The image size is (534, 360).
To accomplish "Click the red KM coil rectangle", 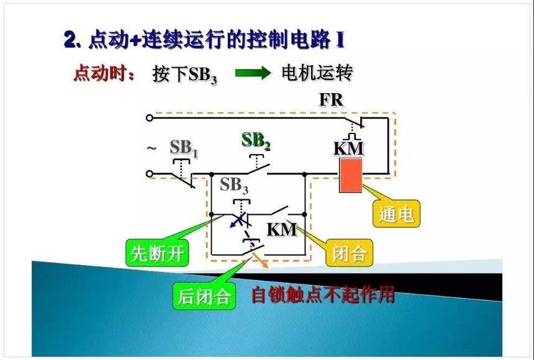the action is coord(350,176).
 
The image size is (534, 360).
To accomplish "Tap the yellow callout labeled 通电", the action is coord(396,214).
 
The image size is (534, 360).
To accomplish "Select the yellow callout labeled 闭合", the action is coord(350,253).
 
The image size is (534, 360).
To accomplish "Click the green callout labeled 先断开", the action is coord(157,253).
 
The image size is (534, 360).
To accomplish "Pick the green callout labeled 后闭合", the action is coord(204,296).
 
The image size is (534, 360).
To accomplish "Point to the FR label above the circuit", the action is coord(331,99).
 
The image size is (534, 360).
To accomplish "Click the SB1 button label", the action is coord(184,148).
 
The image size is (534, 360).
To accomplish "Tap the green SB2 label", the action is coord(256,141).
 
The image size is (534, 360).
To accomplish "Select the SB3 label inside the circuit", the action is coord(234,186).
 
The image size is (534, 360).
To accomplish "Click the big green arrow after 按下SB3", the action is coord(253,73).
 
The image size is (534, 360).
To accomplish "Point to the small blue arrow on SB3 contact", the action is coord(237,220).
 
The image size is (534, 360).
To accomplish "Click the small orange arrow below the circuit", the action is coord(260,261).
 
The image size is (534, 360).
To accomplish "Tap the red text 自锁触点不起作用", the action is coord(323,294).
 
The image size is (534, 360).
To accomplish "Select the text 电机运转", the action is coord(317,73).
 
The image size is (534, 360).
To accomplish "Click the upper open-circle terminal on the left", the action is coord(149,118).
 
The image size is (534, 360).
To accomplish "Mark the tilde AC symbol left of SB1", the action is coord(152,148).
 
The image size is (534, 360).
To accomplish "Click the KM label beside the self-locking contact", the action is coord(282,229).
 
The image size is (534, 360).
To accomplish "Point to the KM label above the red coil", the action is coord(348,148).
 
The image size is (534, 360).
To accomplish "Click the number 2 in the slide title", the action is coord(71,40).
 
